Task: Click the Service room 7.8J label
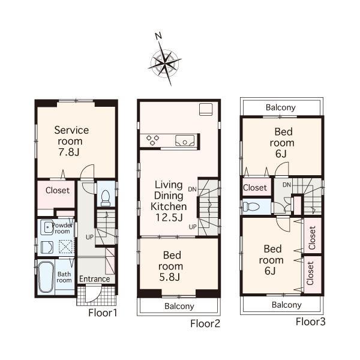[x=71, y=140]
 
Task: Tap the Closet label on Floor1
[x=57, y=190]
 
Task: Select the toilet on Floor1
[x=106, y=196]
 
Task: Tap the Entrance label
[x=94, y=279]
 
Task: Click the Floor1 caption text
[x=103, y=313]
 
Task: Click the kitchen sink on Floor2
[x=185, y=142]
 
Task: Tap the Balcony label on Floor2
[x=179, y=306]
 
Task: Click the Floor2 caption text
[x=206, y=324]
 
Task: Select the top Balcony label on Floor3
[x=281, y=107]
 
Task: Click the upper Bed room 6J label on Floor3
[x=281, y=143]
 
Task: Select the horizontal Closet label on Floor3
[x=255, y=188]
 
